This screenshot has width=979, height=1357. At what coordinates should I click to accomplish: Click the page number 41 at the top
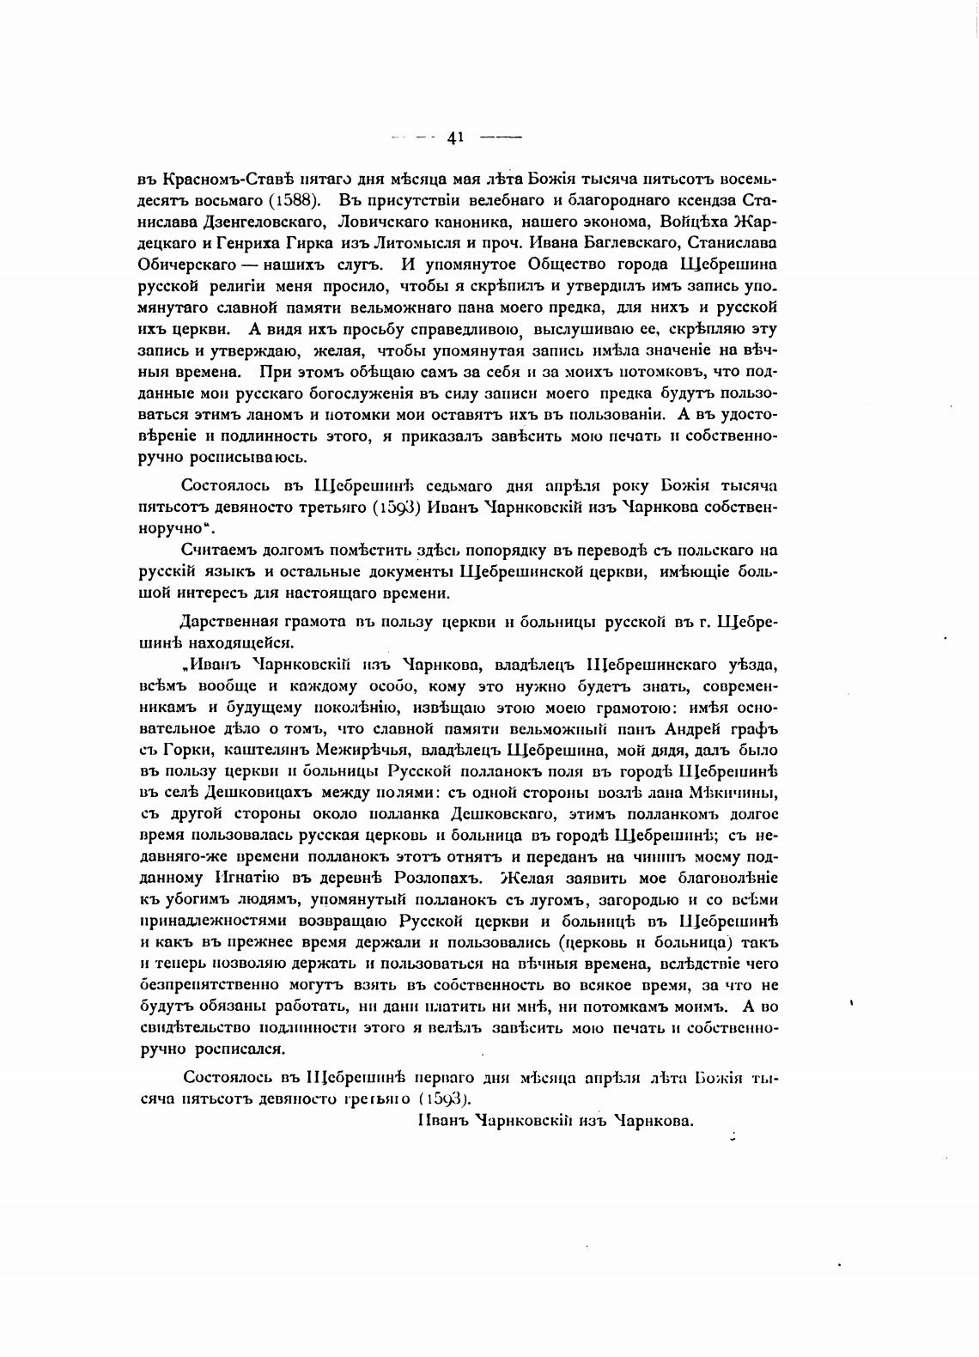[x=455, y=136]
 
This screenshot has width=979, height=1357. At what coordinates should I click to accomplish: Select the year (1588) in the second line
[x=296, y=200]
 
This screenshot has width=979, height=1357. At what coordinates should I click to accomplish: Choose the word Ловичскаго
[x=369, y=222]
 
